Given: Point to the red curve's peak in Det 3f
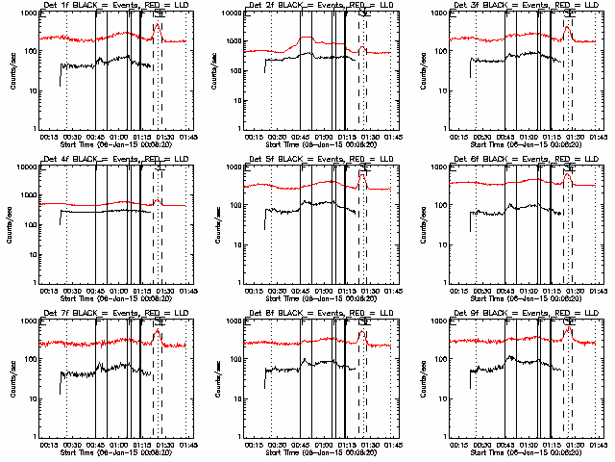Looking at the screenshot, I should click(x=567, y=26).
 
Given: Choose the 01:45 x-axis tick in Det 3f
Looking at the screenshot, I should click(x=598, y=136).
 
